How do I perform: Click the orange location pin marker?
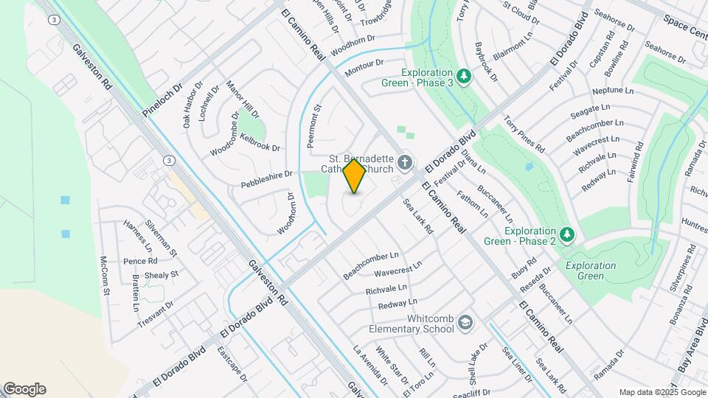pos(354,176)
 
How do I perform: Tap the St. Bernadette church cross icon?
pos(404,161)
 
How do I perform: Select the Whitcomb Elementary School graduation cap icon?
pos(466,322)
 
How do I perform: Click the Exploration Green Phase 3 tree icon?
pos(463,76)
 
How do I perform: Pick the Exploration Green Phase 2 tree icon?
pos(566,234)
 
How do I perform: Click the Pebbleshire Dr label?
pos(267,178)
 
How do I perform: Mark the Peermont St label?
pos(316,118)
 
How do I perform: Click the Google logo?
pos(24,389)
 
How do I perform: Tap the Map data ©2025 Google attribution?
pos(662,392)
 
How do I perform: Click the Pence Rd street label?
pos(140,261)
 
